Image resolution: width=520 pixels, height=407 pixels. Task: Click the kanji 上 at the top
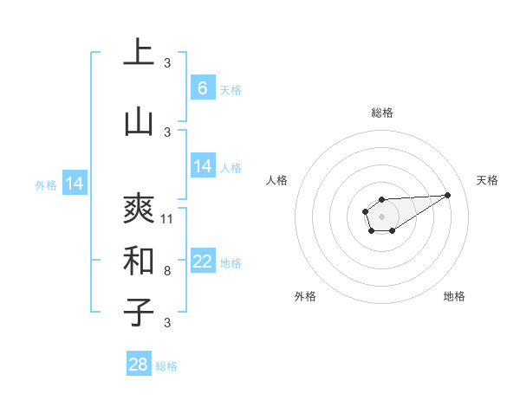tap(139, 53)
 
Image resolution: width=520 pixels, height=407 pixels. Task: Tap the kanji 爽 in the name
tap(139, 208)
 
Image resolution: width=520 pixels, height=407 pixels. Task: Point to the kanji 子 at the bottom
tap(139, 312)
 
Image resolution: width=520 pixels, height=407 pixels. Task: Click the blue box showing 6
tap(203, 88)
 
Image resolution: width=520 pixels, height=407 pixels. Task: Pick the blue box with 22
tap(203, 262)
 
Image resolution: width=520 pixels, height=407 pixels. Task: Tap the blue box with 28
tap(139, 365)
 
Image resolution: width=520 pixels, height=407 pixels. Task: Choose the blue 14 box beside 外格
tap(75, 184)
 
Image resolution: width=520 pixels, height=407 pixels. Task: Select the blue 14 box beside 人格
tap(203, 166)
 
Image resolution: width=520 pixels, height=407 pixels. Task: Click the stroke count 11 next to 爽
tap(167, 219)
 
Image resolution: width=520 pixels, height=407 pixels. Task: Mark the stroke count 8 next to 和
tap(167, 271)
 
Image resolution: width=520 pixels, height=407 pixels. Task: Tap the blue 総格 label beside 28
tap(166, 366)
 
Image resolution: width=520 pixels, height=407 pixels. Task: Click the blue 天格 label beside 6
tap(231, 89)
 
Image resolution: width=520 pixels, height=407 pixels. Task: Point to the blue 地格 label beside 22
tap(231, 263)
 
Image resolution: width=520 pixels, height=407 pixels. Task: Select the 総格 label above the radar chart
tap(382, 113)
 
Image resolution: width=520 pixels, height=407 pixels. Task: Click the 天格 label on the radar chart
tap(488, 180)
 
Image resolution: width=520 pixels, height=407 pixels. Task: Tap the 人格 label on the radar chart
tap(277, 180)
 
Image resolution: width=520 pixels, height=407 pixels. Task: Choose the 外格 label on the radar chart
tap(305, 296)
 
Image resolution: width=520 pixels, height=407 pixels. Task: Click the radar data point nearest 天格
tap(448, 194)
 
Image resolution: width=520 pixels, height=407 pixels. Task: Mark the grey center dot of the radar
tap(381, 215)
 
